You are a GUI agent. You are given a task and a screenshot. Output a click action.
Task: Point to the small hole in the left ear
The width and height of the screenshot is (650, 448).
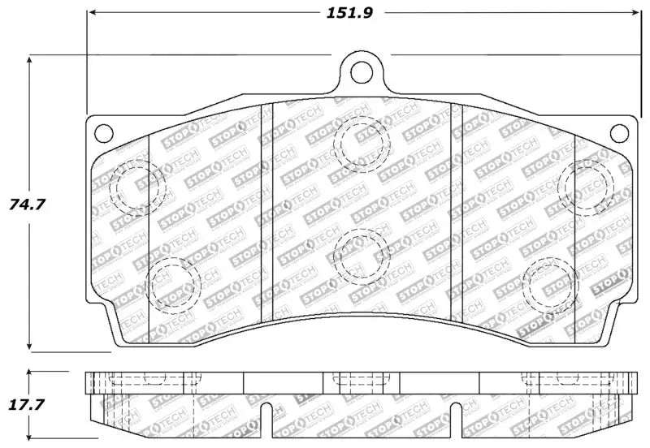(x=102, y=131)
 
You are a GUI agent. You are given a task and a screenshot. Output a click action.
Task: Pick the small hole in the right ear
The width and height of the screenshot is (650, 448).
(x=619, y=131)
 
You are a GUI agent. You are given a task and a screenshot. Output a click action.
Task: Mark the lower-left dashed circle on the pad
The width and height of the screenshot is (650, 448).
(x=174, y=284)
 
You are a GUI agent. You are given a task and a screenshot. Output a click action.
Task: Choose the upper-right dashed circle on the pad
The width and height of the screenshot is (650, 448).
(x=587, y=186)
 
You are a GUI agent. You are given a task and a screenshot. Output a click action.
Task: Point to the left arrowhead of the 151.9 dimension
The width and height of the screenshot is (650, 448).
(x=91, y=14)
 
